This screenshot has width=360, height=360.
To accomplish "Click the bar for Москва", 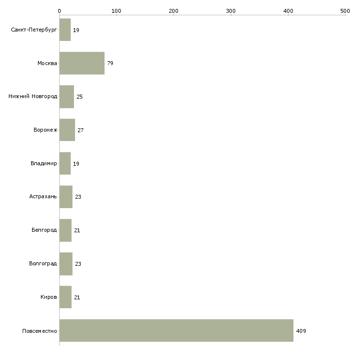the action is (x=82, y=63).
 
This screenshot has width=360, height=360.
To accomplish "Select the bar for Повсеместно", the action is (x=177, y=330).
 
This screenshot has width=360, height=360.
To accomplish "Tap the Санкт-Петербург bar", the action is (x=65, y=30).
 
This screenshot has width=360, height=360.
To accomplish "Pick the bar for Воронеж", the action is (x=67, y=130).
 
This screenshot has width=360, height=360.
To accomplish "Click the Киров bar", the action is (x=66, y=297).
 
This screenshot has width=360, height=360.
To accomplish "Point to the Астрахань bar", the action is (x=66, y=197).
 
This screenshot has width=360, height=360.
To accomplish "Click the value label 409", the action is (x=301, y=331).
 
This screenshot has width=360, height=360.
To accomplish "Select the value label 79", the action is (x=110, y=63).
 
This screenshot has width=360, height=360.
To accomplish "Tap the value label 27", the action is (x=80, y=130).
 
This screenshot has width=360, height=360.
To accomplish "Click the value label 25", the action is (x=79, y=97).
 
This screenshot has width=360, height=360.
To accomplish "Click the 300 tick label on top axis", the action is (x=231, y=11).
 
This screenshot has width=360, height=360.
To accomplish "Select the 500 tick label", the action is (x=345, y=11).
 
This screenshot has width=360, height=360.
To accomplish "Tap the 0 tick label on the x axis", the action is (x=60, y=11).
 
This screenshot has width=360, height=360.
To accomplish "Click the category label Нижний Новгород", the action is (x=33, y=96).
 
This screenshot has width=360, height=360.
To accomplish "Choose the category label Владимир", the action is (x=43, y=163).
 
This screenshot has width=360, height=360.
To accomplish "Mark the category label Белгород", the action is (x=44, y=230).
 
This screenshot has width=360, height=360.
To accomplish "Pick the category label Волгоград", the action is (x=43, y=263).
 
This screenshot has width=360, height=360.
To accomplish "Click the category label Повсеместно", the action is (x=39, y=331).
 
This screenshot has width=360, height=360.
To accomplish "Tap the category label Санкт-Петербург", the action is (x=34, y=30).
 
